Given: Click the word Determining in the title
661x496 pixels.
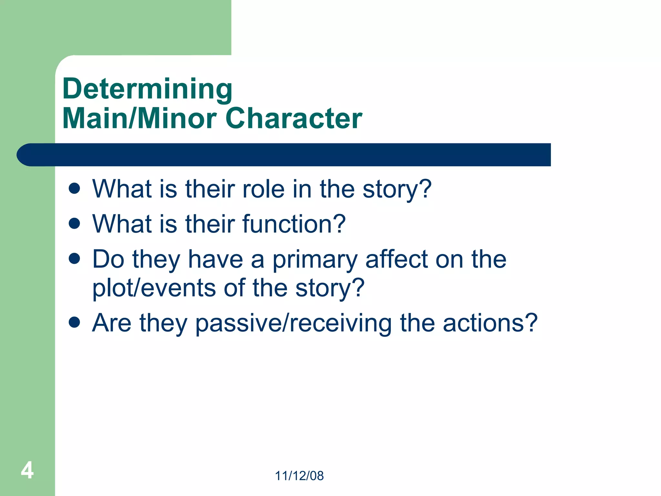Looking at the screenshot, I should click(x=147, y=89).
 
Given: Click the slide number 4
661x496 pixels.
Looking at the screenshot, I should click(x=27, y=470).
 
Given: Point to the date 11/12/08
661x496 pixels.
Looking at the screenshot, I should click(x=299, y=476).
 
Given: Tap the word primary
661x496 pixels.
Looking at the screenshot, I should click(x=315, y=260).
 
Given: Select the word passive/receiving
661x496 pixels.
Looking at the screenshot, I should click(x=293, y=323).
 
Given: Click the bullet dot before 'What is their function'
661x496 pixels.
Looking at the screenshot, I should click(x=75, y=223).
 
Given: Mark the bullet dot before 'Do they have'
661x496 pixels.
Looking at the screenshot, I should click(x=75, y=258).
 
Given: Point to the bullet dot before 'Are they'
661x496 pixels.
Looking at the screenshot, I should click(x=75, y=322).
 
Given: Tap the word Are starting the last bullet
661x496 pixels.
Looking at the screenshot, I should click(x=112, y=323).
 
